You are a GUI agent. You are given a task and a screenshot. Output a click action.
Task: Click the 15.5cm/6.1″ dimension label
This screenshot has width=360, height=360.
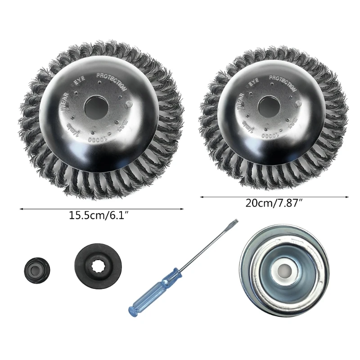coord(101,215)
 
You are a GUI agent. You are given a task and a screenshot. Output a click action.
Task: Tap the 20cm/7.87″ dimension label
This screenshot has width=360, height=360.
coord(274,202)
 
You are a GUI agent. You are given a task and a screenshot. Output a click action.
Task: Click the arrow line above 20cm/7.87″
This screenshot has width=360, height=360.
coord(274,197)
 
